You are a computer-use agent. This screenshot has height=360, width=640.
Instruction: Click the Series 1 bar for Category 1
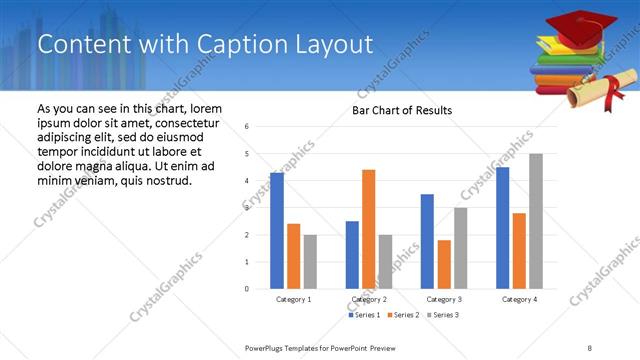277,231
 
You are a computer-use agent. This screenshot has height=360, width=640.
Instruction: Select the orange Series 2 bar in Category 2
368,229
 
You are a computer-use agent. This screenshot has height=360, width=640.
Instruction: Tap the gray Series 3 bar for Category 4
536,221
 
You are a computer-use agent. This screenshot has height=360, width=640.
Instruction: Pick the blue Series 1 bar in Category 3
427,241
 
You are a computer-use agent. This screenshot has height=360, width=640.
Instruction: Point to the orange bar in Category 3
444,264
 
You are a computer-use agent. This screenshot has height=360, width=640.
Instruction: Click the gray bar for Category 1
310,262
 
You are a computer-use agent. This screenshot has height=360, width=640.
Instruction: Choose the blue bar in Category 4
502,228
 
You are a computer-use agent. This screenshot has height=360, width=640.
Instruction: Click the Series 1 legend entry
364,315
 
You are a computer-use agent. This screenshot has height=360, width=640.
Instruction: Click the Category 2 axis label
369,299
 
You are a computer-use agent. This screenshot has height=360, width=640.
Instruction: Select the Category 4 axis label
519,299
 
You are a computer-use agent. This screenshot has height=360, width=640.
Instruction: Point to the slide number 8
590,347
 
